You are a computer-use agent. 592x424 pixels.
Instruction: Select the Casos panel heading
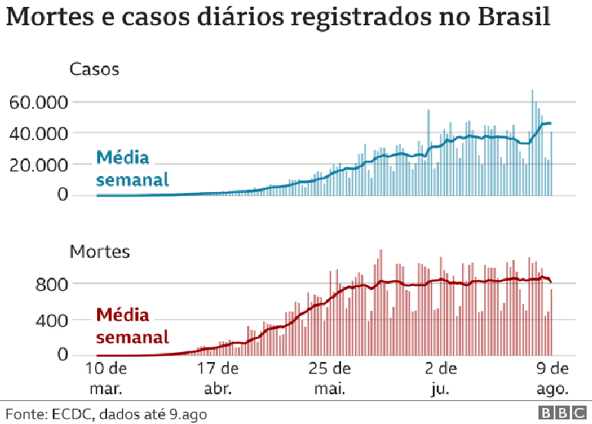point(94,70)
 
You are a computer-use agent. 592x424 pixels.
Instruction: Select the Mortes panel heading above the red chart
point(99,251)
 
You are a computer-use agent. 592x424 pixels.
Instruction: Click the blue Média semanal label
point(132,169)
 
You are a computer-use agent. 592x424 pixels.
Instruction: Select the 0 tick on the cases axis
point(63,196)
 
